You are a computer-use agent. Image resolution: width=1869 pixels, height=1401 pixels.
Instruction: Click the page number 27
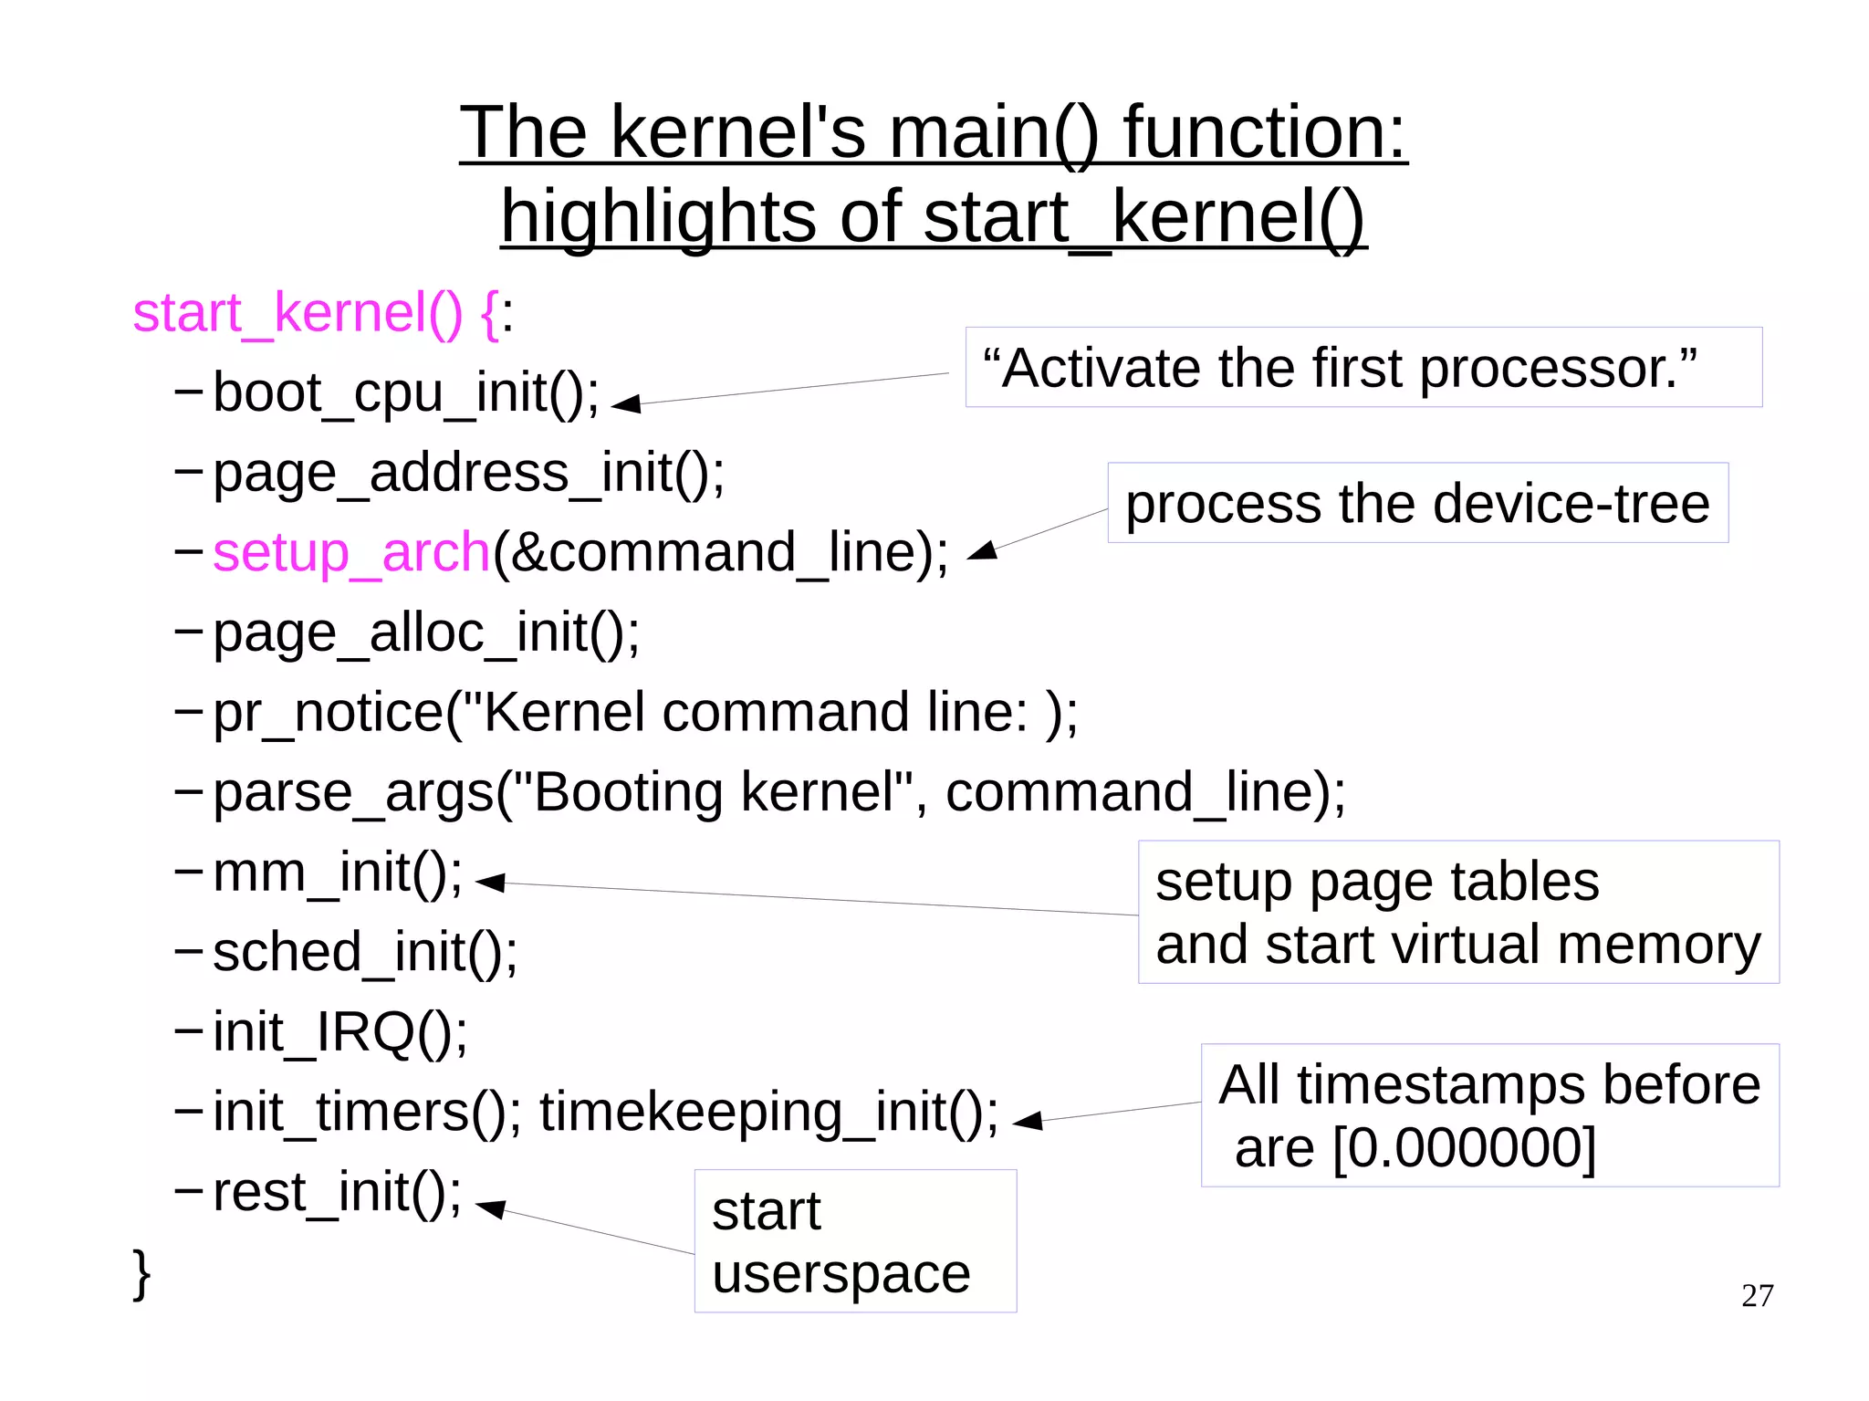1757,1295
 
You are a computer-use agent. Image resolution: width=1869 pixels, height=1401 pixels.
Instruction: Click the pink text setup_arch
351,552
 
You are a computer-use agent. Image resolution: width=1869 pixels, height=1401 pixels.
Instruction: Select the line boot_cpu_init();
406,392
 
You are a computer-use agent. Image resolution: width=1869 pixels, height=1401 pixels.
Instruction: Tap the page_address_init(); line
468,473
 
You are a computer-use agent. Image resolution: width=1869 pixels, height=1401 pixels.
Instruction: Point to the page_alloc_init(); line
426,633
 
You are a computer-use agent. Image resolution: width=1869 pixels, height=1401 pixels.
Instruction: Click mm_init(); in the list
338,873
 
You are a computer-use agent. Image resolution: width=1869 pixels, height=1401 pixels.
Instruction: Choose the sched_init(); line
365,952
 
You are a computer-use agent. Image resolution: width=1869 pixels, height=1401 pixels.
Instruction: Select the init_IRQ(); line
339,1032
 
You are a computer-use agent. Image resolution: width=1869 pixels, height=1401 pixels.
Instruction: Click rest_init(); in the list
337,1192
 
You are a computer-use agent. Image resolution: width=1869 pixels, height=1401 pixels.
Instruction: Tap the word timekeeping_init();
768,1113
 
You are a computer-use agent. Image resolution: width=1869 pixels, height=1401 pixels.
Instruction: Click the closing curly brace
141,1273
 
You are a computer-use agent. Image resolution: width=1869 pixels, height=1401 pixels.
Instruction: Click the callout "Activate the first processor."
1340,368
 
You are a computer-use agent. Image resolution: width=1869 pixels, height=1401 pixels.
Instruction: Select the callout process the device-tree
1416,504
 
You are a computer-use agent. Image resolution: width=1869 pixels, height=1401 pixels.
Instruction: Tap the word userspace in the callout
841,1274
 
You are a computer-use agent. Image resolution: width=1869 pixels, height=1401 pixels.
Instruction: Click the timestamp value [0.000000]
1464,1148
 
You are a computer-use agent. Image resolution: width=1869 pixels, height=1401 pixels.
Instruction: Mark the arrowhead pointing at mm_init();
491,882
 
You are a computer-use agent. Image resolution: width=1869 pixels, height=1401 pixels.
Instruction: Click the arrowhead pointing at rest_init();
491,1208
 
